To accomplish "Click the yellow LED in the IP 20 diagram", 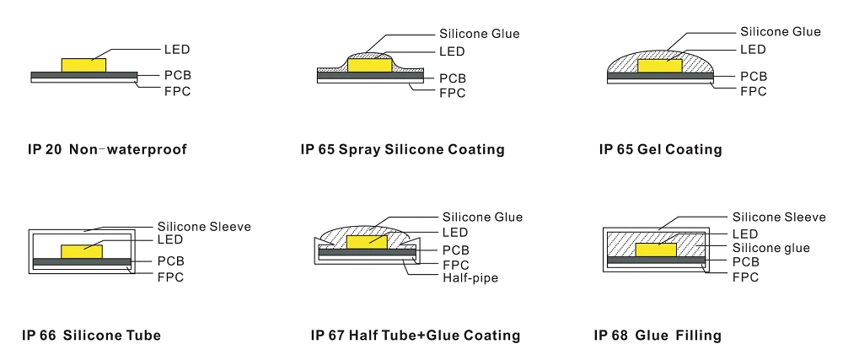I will click(83, 65).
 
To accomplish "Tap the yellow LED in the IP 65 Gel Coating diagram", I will click(660, 65).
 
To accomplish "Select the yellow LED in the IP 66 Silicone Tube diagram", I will click(82, 250).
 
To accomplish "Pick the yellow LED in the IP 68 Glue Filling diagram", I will click(657, 250).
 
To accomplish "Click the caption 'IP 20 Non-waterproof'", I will click(107, 150).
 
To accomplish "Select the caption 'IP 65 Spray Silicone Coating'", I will click(402, 150).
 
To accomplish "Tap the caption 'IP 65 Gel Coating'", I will click(660, 150).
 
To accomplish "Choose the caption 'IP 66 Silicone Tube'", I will click(91, 336).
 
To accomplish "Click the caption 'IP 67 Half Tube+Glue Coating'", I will click(416, 336).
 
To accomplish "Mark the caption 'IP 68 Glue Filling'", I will click(658, 336).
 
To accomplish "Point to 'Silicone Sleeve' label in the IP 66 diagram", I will click(204, 227).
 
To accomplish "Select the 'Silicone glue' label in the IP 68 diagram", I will click(771, 248).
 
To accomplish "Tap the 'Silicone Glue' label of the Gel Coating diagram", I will click(780, 32).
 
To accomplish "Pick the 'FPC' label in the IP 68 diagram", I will click(745, 277).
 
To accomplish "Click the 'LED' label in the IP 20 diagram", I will click(176, 48).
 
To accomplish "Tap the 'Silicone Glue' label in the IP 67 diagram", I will click(482, 218).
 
